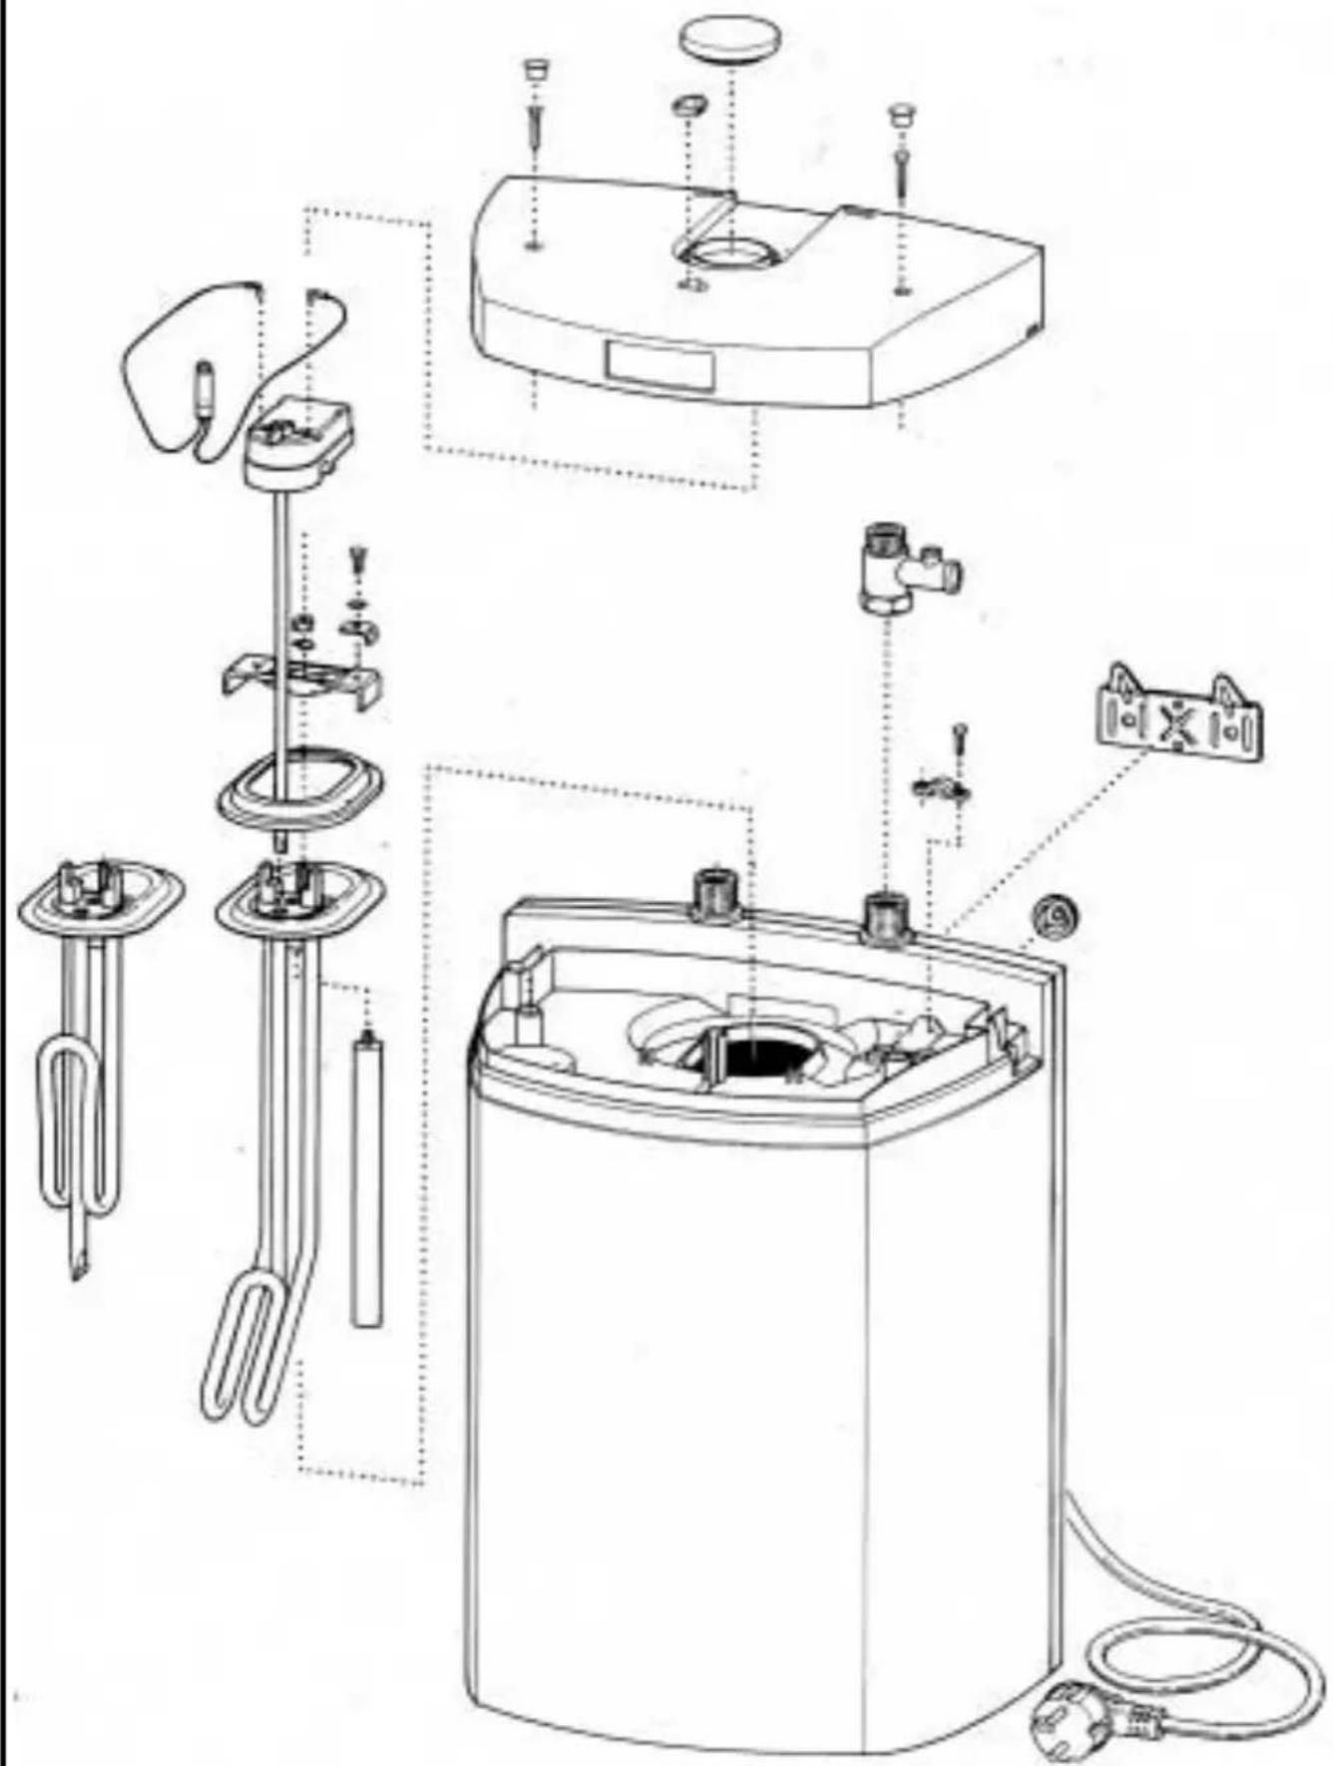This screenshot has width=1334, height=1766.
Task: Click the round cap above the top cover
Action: click(728, 40)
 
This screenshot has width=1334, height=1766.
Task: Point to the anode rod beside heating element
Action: click(367, 1177)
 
